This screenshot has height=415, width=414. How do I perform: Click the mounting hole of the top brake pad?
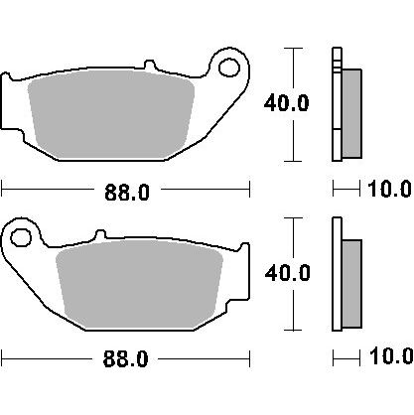click(229, 68)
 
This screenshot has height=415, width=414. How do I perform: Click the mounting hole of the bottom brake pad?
click(21, 237)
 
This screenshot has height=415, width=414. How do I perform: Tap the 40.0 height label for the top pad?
click(287, 103)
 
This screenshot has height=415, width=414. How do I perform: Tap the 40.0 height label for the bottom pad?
click(288, 273)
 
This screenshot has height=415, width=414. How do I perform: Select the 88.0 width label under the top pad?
click(127, 193)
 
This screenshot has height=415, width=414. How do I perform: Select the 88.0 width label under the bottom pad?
click(125, 358)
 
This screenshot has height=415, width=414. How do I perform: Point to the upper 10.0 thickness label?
click(389, 190)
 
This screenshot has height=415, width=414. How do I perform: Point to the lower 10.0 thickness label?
click(391, 356)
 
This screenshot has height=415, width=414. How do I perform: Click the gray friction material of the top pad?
click(112, 114)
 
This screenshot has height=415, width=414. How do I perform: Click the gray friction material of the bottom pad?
click(139, 284)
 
